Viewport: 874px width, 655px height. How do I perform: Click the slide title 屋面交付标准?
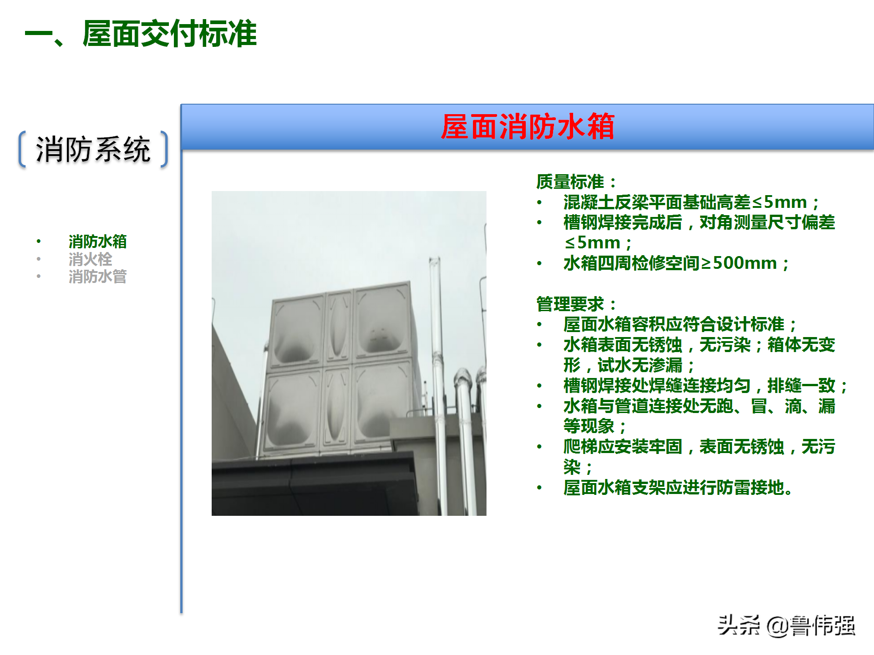(x=169, y=34)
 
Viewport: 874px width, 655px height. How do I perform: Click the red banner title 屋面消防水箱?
(x=528, y=126)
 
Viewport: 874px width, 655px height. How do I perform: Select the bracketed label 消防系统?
(x=93, y=150)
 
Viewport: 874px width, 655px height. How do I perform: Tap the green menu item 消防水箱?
(x=97, y=241)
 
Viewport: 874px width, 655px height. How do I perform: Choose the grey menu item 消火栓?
(x=90, y=259)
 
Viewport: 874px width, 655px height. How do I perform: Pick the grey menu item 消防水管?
(x=97, y=276)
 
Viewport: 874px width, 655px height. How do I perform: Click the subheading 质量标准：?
(x=576, y=181)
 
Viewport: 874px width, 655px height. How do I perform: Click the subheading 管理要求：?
(x=576, y=304)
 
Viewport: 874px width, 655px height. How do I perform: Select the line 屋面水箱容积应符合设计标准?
(x=678, y=324)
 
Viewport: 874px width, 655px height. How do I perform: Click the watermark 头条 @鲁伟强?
(x=786, y=625)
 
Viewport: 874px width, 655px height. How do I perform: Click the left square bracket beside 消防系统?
(x=22, y=150)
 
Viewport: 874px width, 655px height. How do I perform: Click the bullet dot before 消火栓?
(x=39, y=259)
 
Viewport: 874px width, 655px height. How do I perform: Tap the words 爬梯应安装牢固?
(x=622, y=446)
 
